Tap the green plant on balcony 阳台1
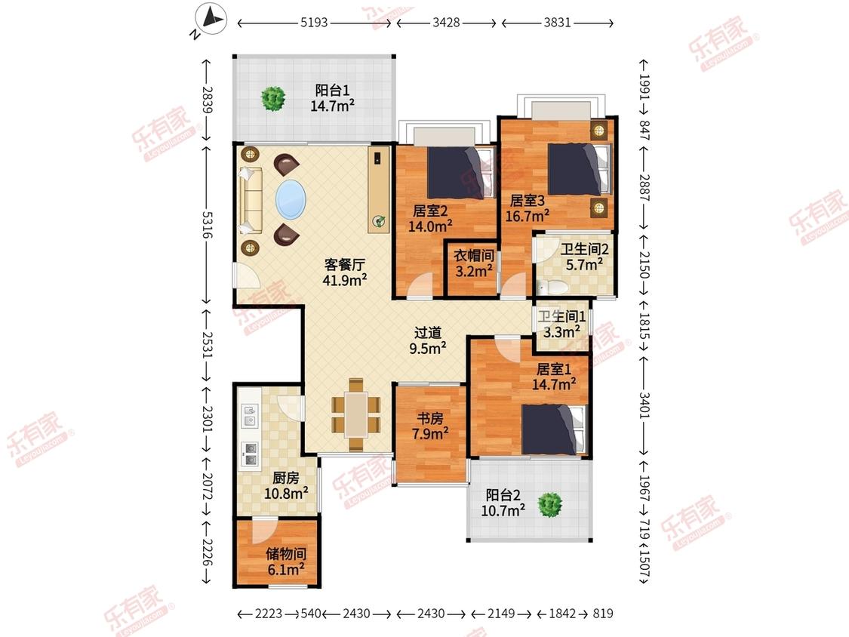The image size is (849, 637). coord(273,99)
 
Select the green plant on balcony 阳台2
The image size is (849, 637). coord(550,505)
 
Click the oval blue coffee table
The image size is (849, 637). coord(291,199)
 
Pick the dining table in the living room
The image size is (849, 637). coord(356,414)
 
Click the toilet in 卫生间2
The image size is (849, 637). coord(552,287)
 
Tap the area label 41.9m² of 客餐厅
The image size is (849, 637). coord(345,279)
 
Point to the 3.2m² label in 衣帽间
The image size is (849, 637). coord(474,270)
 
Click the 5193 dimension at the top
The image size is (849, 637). coord(314,23)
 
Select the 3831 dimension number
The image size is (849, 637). coord(557,23)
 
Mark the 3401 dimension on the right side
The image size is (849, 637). coord(644,405)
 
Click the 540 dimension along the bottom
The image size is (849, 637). coord(311,614)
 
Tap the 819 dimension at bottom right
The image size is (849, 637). coord(603,614)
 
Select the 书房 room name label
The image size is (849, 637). coord(430,418)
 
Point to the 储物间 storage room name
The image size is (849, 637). coord(286,553)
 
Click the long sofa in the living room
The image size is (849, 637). coord(250,201)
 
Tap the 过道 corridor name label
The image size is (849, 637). coord(428,333)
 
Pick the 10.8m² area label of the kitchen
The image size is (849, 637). coord(287,494)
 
